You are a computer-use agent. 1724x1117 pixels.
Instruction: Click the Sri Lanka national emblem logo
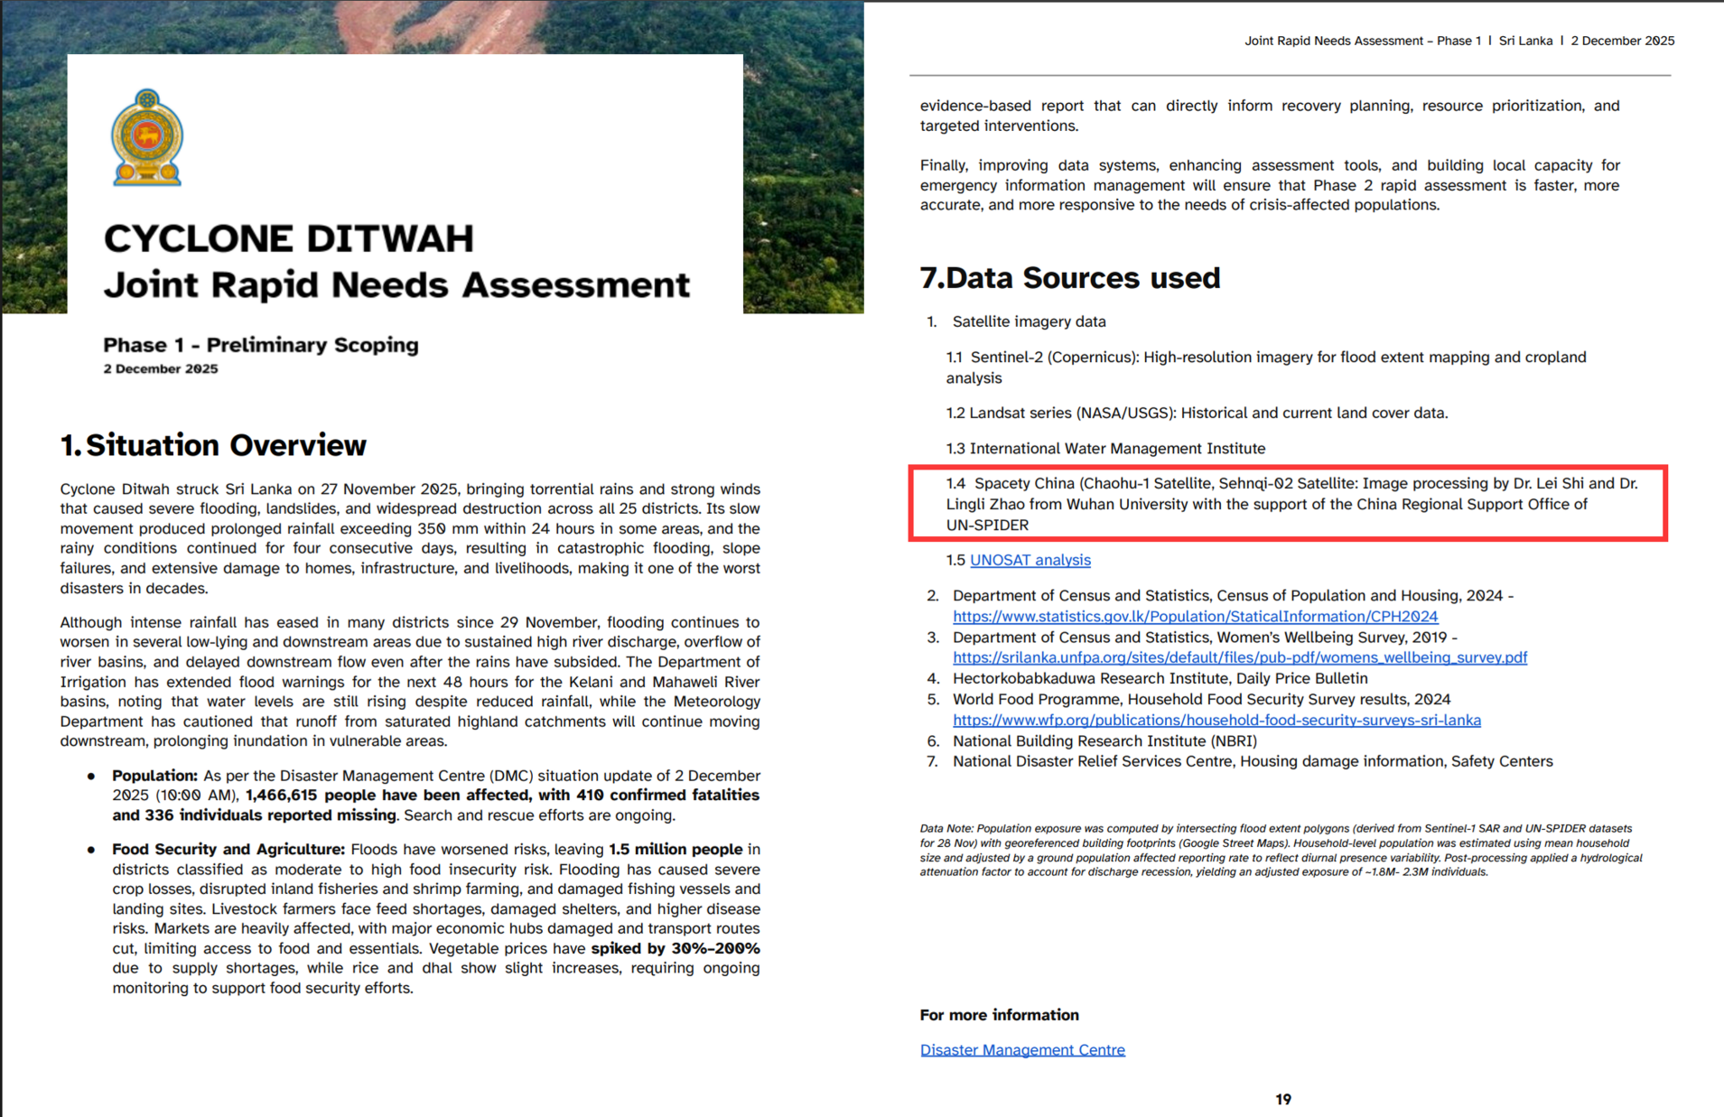(x=147, y=137)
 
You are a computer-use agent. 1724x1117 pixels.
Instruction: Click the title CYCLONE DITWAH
(x=288, y=239)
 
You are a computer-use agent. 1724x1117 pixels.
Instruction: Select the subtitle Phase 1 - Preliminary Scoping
(x=260, y=345)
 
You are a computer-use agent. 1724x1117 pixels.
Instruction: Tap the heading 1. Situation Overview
(x=213, y=445)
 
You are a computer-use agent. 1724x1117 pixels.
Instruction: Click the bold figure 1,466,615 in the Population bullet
(x=281, y=796)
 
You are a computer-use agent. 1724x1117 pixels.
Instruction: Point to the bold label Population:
(x=154, y=776)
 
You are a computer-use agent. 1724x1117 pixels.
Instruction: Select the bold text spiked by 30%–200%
(x=676, y=949)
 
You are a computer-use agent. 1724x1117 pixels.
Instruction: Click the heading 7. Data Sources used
(x=1069, y=278)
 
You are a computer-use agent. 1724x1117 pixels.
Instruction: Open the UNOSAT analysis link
(x=1030, y=561)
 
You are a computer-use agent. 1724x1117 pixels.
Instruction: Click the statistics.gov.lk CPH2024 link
(x=1195, y=617)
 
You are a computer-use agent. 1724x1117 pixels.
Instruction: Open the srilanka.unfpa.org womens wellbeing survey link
(x=1239, y=658)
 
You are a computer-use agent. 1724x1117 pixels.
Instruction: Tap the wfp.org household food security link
(x=1216, y=721)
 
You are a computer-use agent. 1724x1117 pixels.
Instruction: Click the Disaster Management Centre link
(x=1022, y=1050)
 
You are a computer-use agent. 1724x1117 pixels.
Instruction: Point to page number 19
(x=1283, y=1099)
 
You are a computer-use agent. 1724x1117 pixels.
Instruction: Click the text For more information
(x=999, y=1015)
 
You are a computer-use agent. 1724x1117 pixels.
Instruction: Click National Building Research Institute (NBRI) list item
(x=1104, y=741)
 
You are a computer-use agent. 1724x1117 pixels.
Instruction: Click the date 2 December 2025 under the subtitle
(x=161, y=369)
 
